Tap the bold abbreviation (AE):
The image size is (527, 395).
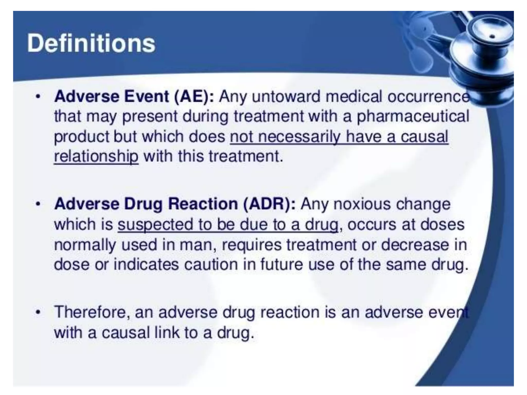click(194, 97)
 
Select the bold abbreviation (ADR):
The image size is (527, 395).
click(269, 204)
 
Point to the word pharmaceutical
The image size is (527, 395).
click(413, 116)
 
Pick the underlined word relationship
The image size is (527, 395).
click(96, 156)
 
